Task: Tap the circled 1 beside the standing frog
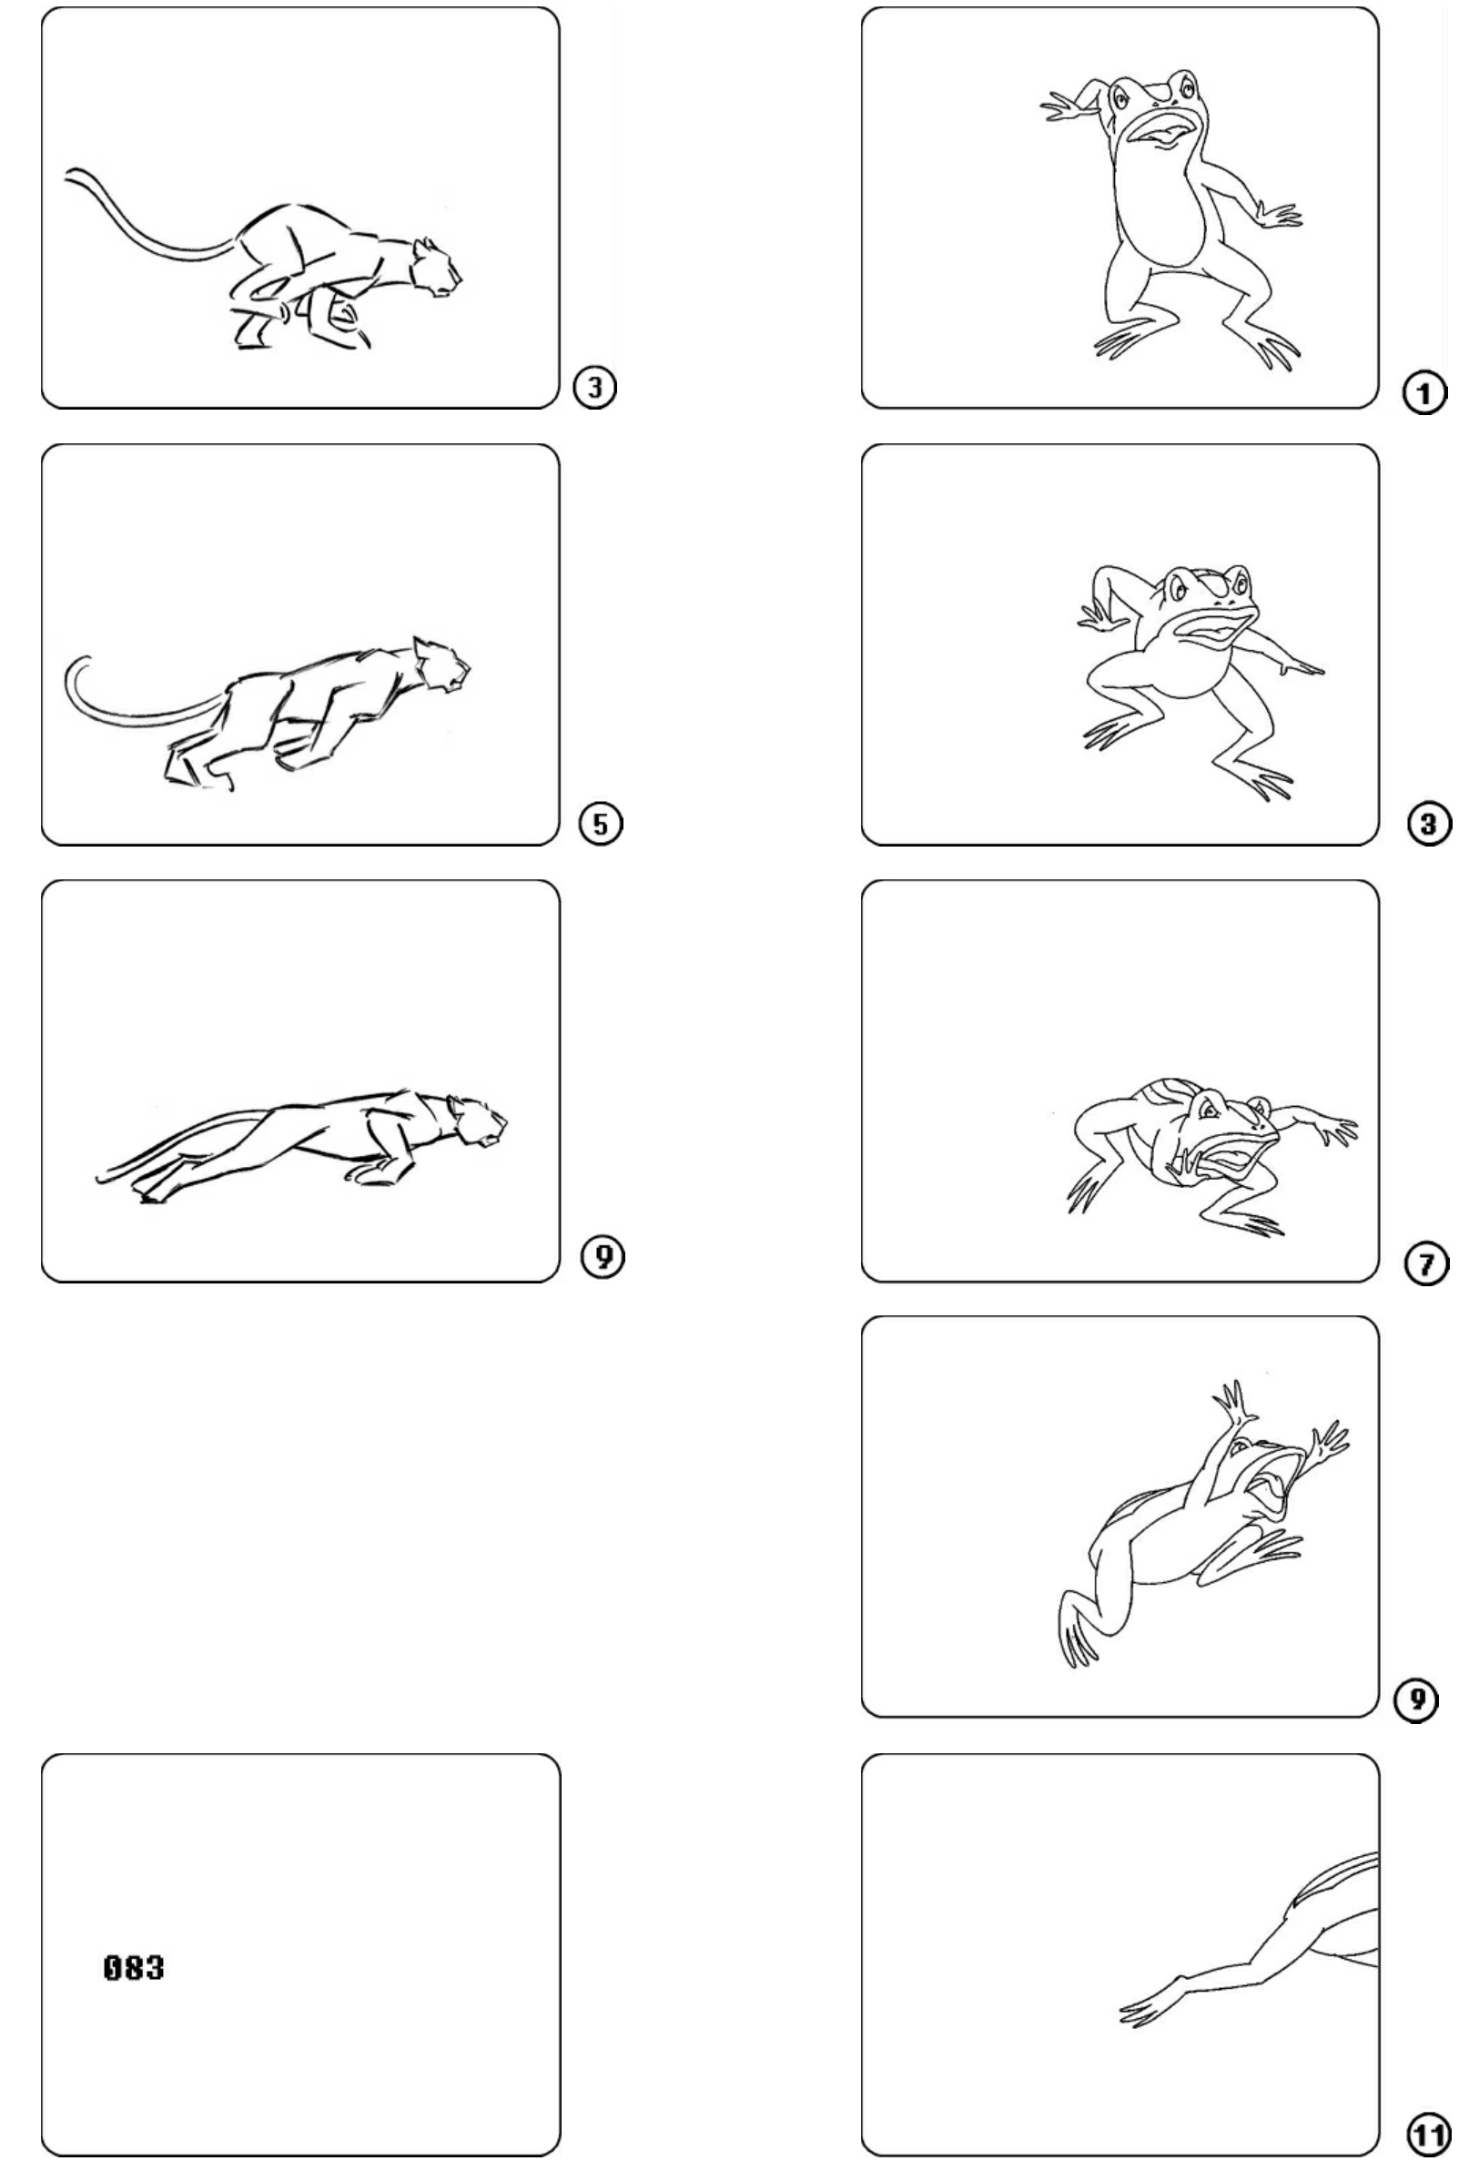tap(1423, 393)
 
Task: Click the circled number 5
tap(601, 824)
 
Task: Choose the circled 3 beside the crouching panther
tap(595, 387)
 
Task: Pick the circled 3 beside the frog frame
tap(1429, 824)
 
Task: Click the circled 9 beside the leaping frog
tap(1416, 1700)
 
